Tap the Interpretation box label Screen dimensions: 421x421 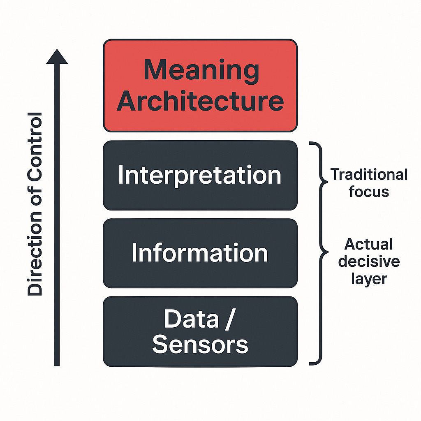point(200,175)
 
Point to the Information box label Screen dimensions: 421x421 point(200,253)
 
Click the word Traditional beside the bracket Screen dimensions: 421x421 point(369,174)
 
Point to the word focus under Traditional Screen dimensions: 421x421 point(369,191)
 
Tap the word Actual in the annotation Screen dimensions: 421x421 point(368,244)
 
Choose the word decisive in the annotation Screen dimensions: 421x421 point(369,261)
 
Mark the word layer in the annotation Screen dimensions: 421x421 point(369,278)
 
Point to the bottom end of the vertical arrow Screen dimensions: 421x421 point(57,363)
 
